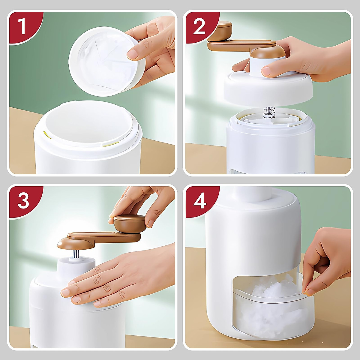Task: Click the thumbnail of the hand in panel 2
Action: [x=267, y=72]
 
